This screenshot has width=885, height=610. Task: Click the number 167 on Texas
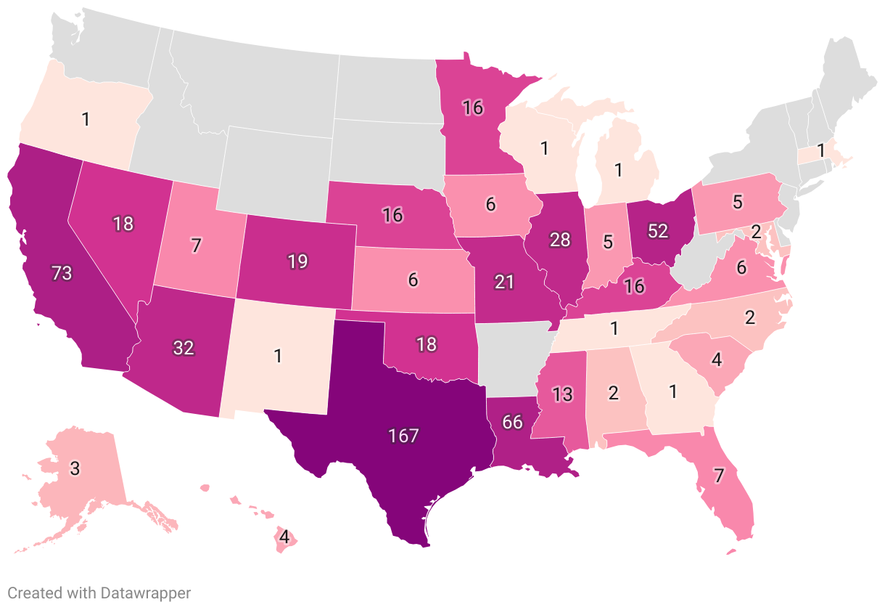403,436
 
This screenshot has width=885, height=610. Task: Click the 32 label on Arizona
184,347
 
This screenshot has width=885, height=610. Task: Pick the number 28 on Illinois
560,240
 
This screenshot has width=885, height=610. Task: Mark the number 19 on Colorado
298,261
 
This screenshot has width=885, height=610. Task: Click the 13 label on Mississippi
562,395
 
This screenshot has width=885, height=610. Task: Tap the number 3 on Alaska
75,468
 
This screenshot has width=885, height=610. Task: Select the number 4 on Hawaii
284,538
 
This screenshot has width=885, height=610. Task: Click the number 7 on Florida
719,477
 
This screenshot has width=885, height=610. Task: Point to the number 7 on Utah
196,245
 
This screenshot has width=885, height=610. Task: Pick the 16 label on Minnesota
473,108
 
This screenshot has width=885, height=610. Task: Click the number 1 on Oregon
86,119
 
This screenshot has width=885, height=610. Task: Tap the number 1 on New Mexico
278,356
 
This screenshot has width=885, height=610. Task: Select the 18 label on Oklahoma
427,344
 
